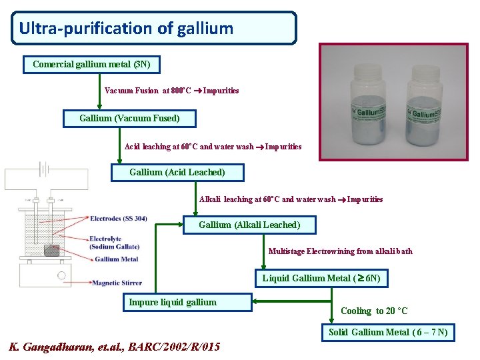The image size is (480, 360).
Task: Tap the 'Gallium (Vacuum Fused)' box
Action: coord(129,119)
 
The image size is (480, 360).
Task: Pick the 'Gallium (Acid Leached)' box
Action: coord(177,172)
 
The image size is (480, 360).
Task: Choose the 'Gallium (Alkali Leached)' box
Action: coord(249,225)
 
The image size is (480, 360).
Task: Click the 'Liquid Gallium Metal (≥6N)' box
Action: coord(321,278)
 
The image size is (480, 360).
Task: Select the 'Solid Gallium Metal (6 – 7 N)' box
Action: coord(388,332)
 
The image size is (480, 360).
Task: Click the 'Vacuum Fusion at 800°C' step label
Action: coord(148,91)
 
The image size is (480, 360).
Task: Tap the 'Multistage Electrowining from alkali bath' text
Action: coord(340,251)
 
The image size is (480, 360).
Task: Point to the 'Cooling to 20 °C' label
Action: coord(374,311)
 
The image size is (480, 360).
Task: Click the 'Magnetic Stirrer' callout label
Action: coord(117,283)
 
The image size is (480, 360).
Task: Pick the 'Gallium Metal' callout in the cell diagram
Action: coord(116,259)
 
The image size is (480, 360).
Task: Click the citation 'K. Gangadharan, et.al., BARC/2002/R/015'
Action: coord(114,347)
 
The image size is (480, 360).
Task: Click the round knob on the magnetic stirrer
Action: coord(61,275)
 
